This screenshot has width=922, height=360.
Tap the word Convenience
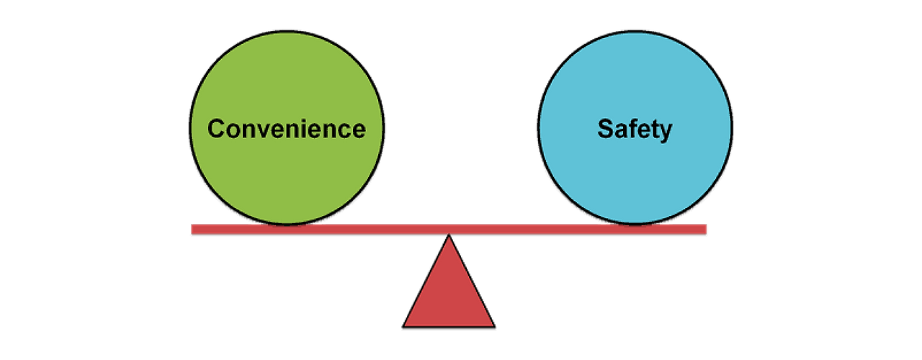(287, 129)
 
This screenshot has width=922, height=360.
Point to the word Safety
(635, 129)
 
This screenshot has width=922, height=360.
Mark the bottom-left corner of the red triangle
(406, 325)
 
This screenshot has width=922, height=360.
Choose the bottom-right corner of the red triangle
(492, 325)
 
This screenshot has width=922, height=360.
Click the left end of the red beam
(192, 228)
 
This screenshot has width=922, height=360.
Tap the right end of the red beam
(706, 228)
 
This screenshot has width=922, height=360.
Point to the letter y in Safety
(665, 132)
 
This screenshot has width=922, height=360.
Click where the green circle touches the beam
(287, 224)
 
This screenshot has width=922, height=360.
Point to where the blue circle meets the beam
(635, 224)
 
